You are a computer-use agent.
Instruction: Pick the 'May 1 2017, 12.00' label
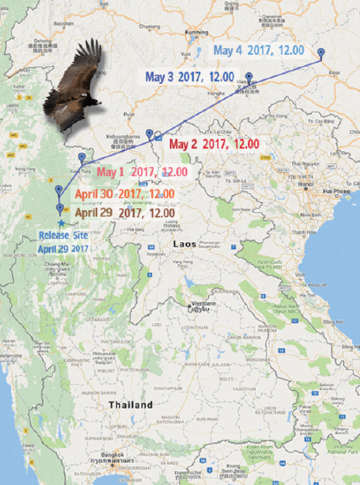[x=142, y=172]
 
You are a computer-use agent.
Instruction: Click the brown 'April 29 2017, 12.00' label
[x=125, y=213]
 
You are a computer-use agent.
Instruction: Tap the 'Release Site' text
[x=64, y=236]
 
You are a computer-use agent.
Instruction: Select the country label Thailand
[x=130, y=405]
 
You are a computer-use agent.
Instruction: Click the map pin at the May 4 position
[x=321, y=51]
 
